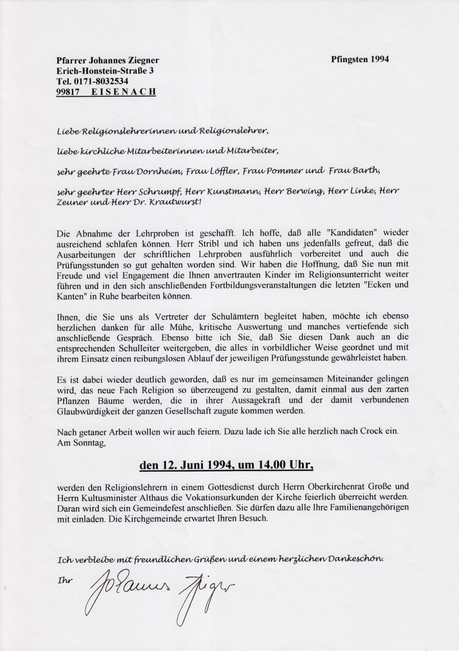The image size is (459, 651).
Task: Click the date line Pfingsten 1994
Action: tap(359, 59)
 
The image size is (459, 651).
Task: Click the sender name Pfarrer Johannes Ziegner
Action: tap(107, 60)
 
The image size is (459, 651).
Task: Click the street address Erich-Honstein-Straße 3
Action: tap(105, 71)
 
